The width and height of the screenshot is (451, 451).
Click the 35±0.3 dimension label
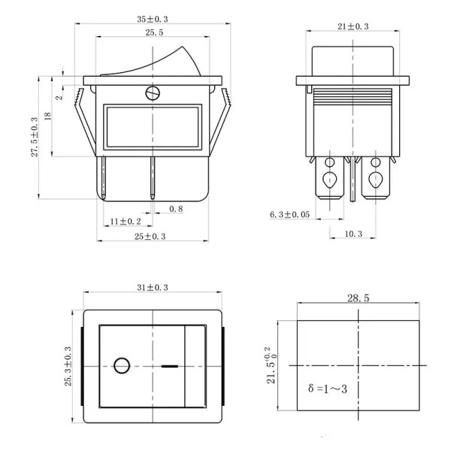152,20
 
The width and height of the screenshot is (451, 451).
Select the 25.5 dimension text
154,32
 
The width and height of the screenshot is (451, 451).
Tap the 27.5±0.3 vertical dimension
35,137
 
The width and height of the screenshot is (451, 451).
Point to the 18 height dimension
48,116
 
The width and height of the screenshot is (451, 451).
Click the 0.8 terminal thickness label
176,209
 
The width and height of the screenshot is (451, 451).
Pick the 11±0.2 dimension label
126,221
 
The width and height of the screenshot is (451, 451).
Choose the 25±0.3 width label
150,236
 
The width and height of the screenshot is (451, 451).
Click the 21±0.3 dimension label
353,26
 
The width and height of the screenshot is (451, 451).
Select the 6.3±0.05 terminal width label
289,214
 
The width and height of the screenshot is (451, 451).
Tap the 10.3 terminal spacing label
353,234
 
